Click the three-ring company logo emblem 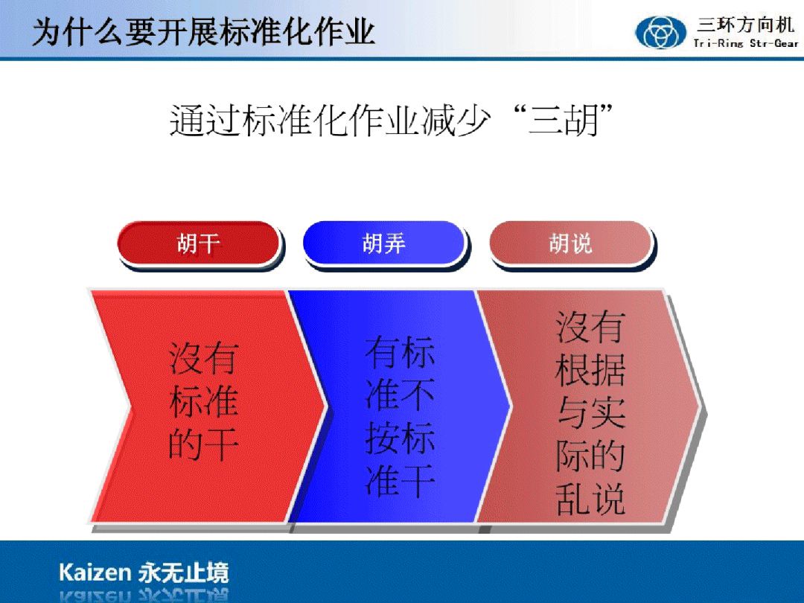coord(660,32)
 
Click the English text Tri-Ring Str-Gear coord(745,44)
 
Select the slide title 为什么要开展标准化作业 coord(203,32)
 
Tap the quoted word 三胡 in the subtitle coord(564,121)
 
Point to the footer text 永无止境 coord(183,572)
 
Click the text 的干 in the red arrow coord(203,444)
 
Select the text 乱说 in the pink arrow coord(590,498)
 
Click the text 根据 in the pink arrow coord(590,370)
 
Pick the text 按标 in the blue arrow coord(400,438)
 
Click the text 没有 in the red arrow coord(203,358)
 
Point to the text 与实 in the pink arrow coord(590,412)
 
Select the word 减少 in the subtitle coord(456,121)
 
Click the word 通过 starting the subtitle coord(205,121)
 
